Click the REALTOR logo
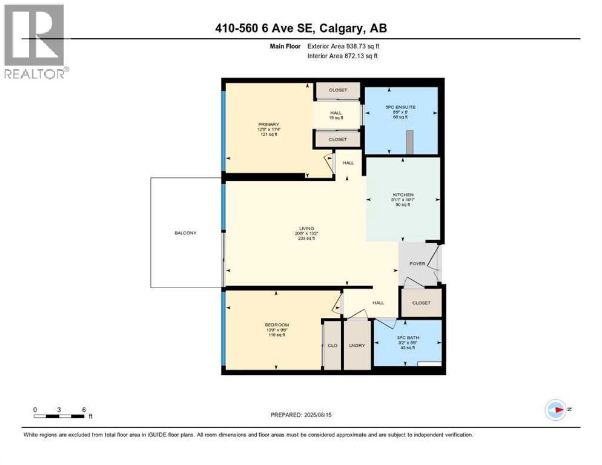click(35, 41)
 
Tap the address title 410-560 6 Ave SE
click(301, 28)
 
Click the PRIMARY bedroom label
click(267, 125)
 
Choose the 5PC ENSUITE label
click(400, 107)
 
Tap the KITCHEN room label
click(403, 195)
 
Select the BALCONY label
click(185, 233)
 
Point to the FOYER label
click(417, 264)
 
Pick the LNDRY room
click(357, 346)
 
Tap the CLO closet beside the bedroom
click(332, 346)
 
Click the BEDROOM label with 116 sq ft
click(276, 325)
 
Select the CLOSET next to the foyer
click(421, 303)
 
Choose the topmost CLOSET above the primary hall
click(338, 90)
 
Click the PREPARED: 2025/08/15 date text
click(301, 415)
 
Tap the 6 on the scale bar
click(83, 409)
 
